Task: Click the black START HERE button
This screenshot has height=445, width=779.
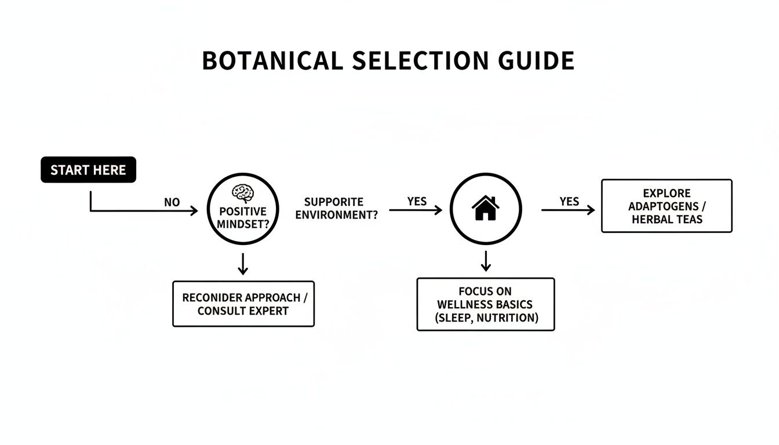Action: (88, 170)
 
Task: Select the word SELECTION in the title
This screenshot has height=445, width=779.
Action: (416, 61)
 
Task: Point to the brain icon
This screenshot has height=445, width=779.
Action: (242, 193)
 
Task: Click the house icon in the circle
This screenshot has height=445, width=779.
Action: (486, 208)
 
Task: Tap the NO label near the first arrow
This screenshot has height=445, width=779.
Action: (172, 202)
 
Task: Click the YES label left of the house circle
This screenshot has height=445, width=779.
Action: (417, 201)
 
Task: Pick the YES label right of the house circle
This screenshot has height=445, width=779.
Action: (569, 201)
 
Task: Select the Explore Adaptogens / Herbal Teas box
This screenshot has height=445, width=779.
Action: (667, 206)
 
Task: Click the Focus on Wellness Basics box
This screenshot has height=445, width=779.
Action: (486, 304)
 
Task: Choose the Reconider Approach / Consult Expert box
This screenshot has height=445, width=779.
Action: (243, 304)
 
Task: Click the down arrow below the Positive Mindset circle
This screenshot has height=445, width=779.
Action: (243, 264)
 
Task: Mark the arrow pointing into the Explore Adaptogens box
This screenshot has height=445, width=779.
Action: (568, 210)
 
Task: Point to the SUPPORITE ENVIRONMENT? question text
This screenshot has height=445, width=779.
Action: (337, 208)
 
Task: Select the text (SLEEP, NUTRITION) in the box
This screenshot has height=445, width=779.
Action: (486, 318)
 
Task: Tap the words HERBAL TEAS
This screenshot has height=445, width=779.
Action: (667, 220)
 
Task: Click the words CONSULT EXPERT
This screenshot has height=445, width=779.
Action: (243, 311)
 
